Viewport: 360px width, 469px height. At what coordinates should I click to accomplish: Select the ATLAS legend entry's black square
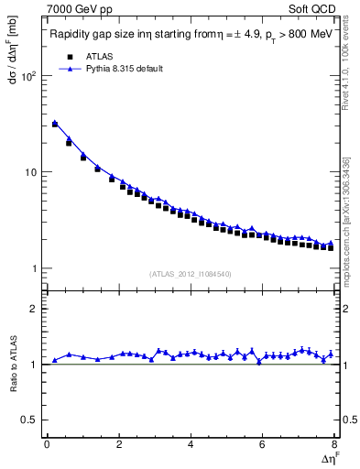pyautogui.click(x=70, y=57)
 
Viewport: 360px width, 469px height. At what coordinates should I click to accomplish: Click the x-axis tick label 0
pyautogui.click(x=47, y=444)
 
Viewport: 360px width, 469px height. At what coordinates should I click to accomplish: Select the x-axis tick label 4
pyautogui.click(x=191, y=444)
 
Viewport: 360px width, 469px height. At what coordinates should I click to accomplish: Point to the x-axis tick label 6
pyautogui.click(x=263, y=444)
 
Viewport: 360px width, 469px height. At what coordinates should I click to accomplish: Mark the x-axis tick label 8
pyautogui.click(x=334, y=444)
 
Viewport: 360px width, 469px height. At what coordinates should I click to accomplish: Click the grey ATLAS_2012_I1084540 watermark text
pyautogui.click(x=191, y=274)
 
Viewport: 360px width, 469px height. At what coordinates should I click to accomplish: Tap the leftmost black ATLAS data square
pyautogui.click(x=55, y=125)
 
